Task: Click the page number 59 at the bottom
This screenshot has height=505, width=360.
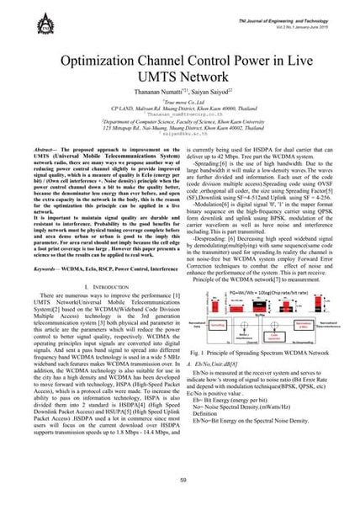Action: tap(180, 479)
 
